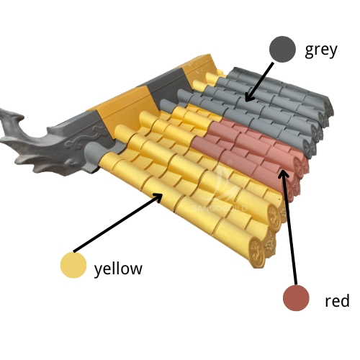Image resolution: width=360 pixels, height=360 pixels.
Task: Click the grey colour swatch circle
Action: pos(282,49)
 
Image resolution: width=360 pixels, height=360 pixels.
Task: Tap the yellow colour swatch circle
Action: pos(73,265)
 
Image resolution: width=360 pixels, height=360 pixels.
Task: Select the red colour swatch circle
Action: pos(296,298)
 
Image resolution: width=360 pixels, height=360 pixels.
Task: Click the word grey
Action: pos(321,50)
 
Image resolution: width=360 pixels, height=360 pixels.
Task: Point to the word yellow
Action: pos(118,269)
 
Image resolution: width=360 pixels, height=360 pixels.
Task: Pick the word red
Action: pos(337,301)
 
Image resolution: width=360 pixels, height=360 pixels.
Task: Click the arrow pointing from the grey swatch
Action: pos(259,82)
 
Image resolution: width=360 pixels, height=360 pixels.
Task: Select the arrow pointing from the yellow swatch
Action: pos(118,222)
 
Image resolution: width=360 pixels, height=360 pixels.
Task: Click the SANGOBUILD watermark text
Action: pos(220,208)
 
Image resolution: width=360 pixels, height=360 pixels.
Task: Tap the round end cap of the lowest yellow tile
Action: pos(257,252)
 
